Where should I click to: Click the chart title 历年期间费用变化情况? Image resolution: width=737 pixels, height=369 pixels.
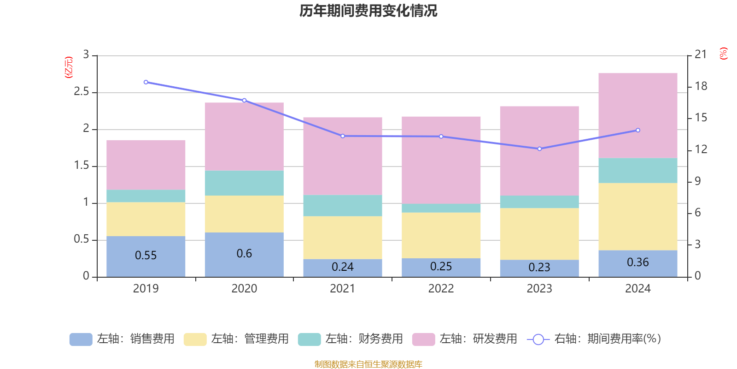(368, 11)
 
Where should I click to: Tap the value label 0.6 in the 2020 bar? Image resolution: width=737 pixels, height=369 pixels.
(244, 254)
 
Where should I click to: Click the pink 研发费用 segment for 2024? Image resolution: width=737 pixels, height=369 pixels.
(638, 115)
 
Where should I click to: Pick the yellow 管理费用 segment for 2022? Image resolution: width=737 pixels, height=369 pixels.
(441, 235)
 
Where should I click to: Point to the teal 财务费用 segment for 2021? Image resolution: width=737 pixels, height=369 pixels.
(342, 206)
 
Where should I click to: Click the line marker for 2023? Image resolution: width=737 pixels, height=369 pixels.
(539, 149)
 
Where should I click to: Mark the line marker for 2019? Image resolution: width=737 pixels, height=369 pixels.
(146, 82)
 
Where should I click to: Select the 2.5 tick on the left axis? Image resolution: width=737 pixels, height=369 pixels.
(81, 92)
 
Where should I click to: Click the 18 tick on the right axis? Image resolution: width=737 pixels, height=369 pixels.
(701, 86)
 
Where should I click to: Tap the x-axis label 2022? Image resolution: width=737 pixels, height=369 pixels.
(441, 289)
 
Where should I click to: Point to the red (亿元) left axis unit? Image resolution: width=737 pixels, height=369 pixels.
(68, 67)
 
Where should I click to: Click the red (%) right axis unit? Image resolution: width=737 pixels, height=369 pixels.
(723, 54)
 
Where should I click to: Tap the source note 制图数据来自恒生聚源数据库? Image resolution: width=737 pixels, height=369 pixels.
(368, 364)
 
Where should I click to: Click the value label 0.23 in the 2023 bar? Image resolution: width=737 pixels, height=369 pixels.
(539, 268)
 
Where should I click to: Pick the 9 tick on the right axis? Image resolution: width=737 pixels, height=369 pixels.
(697, 181)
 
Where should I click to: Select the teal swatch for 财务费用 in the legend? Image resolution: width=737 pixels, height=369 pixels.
(309, 339)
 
